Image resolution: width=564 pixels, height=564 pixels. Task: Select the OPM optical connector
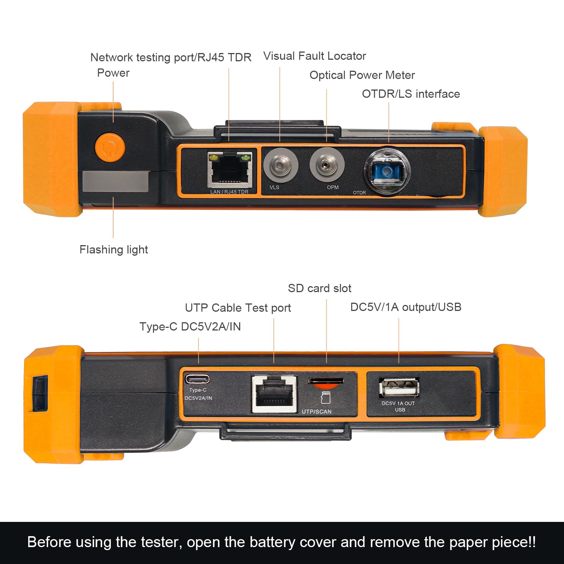point(327,165)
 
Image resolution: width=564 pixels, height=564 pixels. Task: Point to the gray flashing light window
point(115,182)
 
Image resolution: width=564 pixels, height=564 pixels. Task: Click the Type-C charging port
point(197,378)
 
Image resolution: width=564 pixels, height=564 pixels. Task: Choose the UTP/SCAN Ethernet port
point(274,394)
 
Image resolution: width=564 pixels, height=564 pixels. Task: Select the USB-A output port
point(399,387)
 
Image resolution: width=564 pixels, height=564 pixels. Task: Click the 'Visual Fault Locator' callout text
point(315,56)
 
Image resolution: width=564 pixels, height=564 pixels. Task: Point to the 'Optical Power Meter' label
point(362,75)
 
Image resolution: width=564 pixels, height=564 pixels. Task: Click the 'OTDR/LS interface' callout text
point(411,94)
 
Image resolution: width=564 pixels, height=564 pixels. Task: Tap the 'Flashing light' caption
point(114,250)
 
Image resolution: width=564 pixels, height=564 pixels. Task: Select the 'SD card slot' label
point(320,288)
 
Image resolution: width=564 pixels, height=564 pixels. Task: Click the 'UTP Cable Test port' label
point(238,308)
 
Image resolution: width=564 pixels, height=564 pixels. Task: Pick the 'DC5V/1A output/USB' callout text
point(406,307)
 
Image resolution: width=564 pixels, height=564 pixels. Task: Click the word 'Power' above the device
point(113,73)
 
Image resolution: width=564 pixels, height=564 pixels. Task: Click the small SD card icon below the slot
point(326,397)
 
